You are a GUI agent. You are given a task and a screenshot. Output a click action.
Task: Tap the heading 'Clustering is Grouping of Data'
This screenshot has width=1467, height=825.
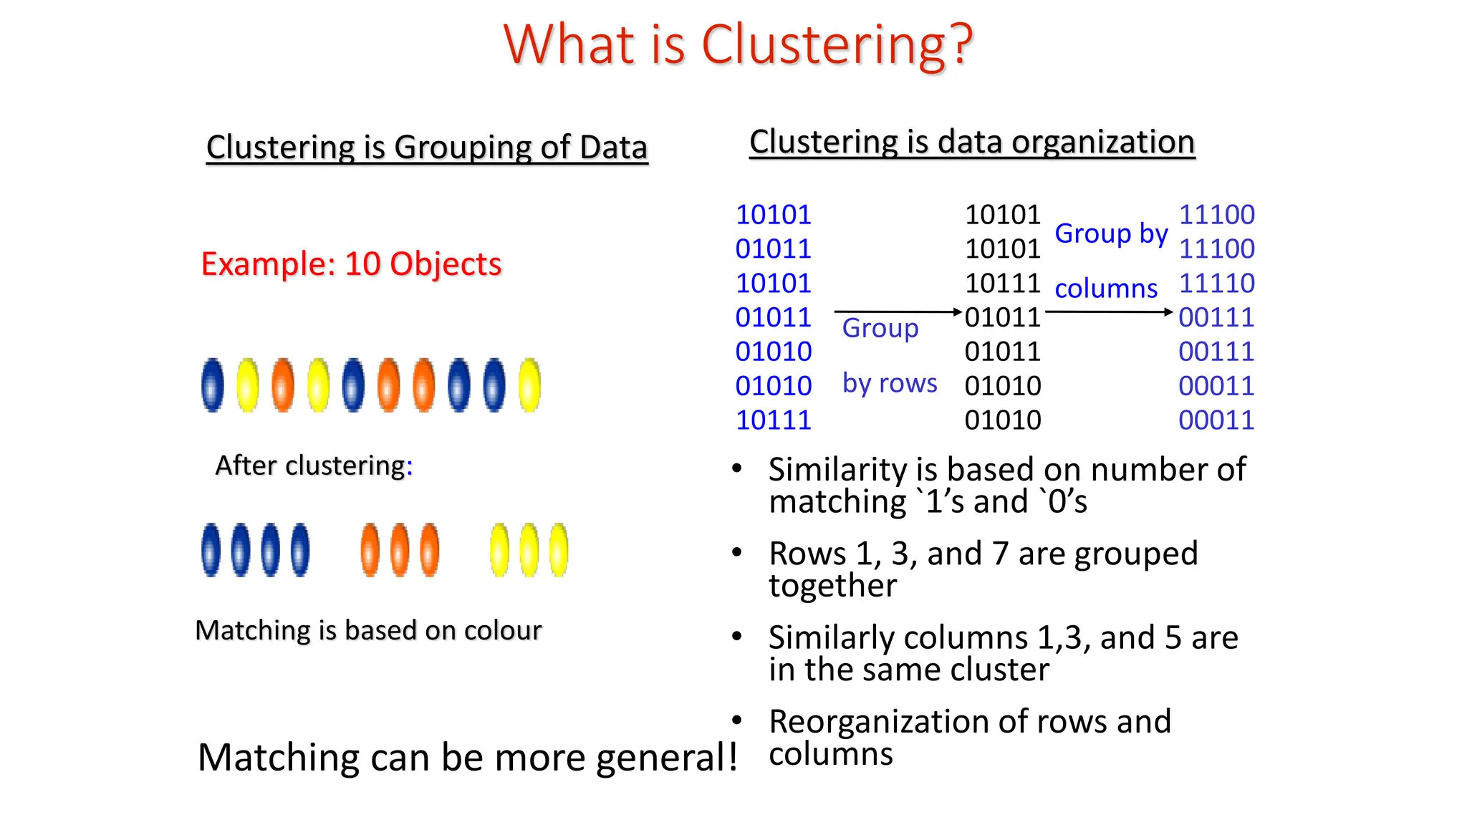pyautogui.click(x=427, y=148)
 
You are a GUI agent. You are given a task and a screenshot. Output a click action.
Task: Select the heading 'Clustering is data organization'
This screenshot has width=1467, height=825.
pyautogui.click(x=972, y=142)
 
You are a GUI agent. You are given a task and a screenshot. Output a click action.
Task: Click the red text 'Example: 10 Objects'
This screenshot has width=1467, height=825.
pyautogui.click(x=351, y=264)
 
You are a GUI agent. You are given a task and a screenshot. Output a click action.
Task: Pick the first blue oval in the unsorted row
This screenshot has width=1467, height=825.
pyautogui.click(x=212, y=385)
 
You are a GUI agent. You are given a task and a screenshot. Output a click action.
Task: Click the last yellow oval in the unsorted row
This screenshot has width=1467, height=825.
pyautogui.click(x=529, y=385)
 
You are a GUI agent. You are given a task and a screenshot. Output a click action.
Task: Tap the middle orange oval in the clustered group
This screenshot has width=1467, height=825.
pyautogui.click(x=400, y=550)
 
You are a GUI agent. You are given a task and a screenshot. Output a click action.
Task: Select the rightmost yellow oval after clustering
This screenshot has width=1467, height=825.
pyautogui.click(x=559, y=550)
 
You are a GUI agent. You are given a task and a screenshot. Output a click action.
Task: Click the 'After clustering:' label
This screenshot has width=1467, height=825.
pyautogui.click(x=314, y=465)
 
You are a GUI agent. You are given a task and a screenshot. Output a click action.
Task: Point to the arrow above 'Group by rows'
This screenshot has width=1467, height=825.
pyautogui.click(x=897, y=312)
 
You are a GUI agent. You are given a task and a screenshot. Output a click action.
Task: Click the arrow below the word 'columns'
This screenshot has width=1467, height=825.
pyautogui.click(x=1108, y=312)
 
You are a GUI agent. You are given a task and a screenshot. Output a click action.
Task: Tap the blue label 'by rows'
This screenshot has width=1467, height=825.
pyautogui.click(x=890, y=383)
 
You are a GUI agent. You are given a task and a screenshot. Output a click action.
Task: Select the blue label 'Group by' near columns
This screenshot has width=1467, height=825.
pyautogui.click(x=1111, y=233)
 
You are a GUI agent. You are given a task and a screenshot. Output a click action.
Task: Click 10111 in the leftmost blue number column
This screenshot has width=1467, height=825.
pyautogui.click(x=774, y=420)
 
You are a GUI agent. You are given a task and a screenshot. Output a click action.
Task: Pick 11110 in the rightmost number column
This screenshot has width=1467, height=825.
pyautogui.click(x=1216, y=284)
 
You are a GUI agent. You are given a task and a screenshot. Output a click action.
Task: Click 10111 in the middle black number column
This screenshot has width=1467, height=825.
pyautogui.click(x=1002, y=284)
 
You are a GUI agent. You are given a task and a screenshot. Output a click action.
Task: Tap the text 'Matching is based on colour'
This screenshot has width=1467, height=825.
pyautogui.click(x=368, y=631)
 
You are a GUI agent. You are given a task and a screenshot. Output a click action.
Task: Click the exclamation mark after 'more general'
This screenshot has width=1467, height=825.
pyautogui.click(x=732, y=756)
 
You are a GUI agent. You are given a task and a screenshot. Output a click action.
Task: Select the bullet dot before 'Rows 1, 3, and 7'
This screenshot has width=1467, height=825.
pyautogui.click(x=737, y=553)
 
